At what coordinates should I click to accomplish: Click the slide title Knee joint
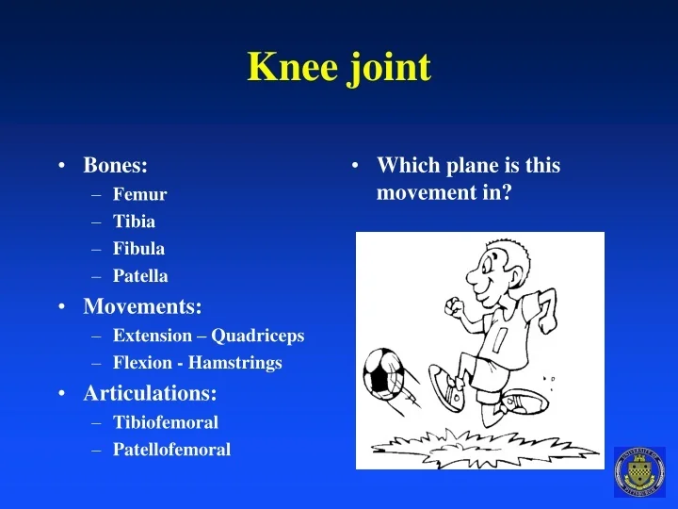pyautogui.click(x=339, y=68)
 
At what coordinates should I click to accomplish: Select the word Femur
pyautogui.click(x=139, y=195)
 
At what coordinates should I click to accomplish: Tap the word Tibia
pyautogui.click(x=134, y=222)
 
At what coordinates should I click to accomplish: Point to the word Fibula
pyautogui.click(x=138, y=249)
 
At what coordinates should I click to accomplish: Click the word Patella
pyautogui.click(x=140, y=276)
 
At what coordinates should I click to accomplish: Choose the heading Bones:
pyautogui.click(x=115, y=166)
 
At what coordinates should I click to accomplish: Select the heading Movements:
pyautogui.click(x=142, y=306)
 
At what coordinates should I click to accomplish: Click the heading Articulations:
pyautogui.click(x=150, y=392)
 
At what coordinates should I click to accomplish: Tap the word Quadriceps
pyautogui.click(x=257, y=336)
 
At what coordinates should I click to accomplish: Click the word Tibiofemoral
pyautogui.click(x=165, y=422)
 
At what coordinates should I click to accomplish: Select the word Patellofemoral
pyautogui.click(x=171, y=450)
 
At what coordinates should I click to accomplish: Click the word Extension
pyautogui.click(x=151, y=336)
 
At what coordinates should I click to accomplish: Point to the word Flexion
pyautogui.click(x=142, y=363)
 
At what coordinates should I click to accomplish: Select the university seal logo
pyautogui.click(x=639, y=471)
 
